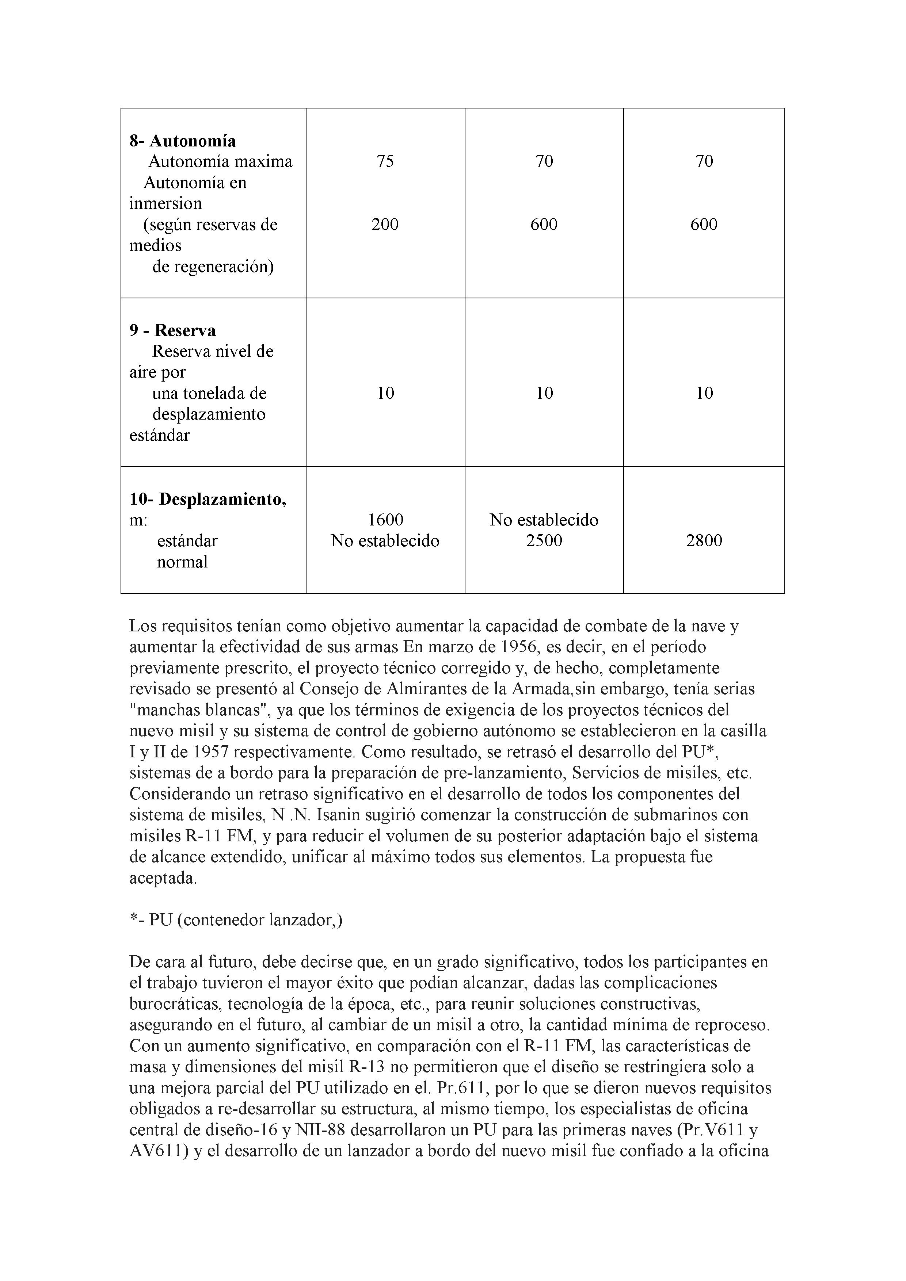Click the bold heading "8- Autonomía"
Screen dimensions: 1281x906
[x=183, y=141]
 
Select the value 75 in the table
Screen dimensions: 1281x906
[x=385, y=161]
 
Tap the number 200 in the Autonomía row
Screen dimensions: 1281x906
[x=385, y=224]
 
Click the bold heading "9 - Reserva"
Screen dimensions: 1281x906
[x=172, y=330]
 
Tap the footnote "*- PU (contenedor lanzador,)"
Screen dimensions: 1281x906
[x=236, y=920]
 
